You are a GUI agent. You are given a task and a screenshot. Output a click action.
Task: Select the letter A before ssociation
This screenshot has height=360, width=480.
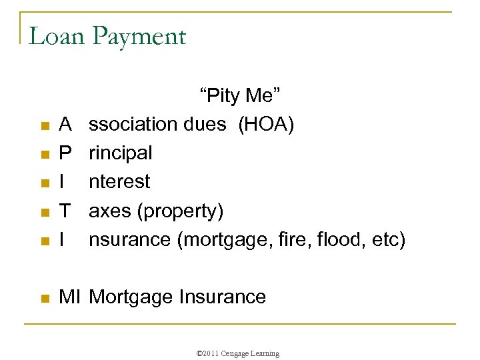pyautogui.click(x=65, y=125)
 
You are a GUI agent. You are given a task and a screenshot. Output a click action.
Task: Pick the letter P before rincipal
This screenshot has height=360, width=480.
pyautogui.click(x=65, y=153)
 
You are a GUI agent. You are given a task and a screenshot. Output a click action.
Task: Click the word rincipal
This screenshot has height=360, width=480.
pyautogui.click(x=120, y=154)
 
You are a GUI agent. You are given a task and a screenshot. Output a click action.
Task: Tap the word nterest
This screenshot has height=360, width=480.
pyautogui.click(x=119, y=182)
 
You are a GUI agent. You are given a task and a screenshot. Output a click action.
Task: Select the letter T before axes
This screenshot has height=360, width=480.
pyautogui.click(x=65, y=211)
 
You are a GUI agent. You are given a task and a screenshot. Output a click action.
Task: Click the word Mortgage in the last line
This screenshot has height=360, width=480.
pyautogui.click(x=131, y=297)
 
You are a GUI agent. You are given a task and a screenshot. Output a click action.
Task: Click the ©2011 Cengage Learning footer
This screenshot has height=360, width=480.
pyautogui.click(x=239, y=353)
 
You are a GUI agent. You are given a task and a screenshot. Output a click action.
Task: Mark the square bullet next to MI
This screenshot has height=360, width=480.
pyautogui.click(x=44, y=298)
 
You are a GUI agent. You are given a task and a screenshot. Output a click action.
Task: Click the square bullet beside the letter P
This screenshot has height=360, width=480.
pyautogui.click(x=44, y=155)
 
